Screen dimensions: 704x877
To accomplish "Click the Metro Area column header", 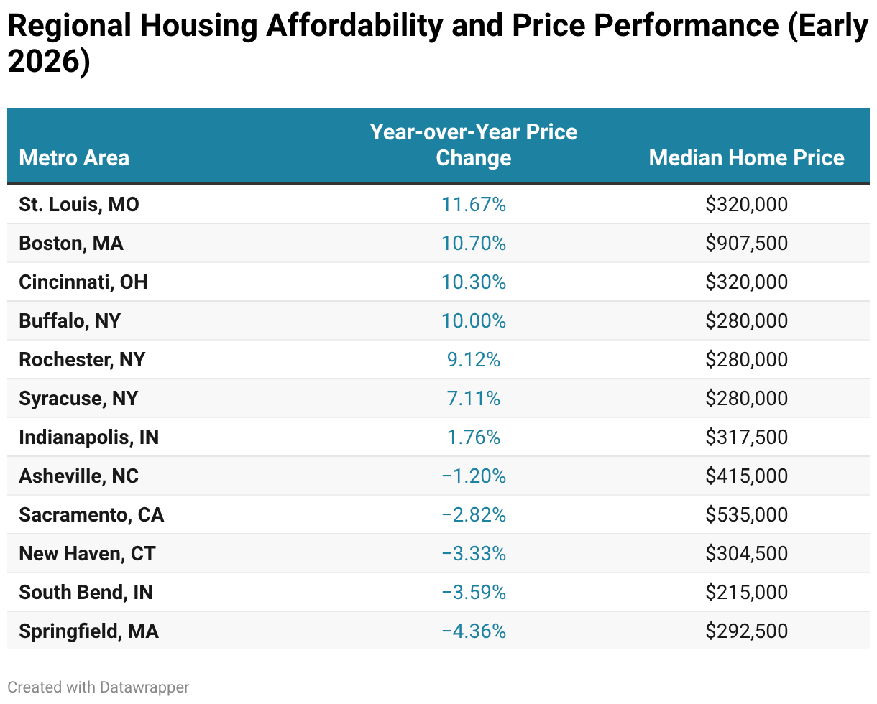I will point(74,157).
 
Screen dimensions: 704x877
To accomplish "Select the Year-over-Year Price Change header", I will point(473,144).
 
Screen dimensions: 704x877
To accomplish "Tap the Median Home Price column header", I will point(746,157).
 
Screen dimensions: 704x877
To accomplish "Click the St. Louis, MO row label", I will point(79,205).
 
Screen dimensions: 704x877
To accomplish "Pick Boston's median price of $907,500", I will point(746,244).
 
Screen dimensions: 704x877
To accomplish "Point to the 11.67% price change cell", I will point(473,205).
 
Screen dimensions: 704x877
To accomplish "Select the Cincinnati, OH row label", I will point(83,282).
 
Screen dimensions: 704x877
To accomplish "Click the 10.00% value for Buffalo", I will point(473,321).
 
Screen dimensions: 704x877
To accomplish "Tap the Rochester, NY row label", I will point(82,360).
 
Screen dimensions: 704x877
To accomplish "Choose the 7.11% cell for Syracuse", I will point(473,399).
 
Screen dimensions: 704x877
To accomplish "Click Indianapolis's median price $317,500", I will point(746,437).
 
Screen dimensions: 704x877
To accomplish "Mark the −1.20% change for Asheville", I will point(473,476).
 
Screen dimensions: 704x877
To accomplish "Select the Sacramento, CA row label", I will point(91,515).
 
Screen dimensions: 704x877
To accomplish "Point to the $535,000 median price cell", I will point(746,515).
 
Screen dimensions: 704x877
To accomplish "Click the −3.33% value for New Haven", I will point(473,554).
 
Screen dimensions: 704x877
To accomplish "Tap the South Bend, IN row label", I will point(86,593).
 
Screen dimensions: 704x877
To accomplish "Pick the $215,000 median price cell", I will point(746,593).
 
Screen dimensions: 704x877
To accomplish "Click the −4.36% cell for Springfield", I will point(473,631).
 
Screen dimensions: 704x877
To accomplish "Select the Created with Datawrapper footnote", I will point(98,687).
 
